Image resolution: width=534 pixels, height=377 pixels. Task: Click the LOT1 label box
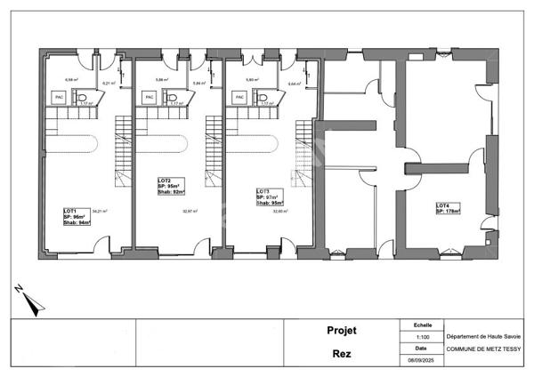point(76,216)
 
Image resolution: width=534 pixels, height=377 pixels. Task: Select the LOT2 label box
point(172,186)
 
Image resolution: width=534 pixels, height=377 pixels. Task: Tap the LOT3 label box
point(270,197)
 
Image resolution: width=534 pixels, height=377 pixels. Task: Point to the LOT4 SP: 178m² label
point(450,209)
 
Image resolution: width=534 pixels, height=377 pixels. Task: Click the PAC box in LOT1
point(60,97)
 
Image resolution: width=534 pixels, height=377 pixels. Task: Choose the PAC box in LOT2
point(150,97)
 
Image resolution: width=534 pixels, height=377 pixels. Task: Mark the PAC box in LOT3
point(240,97)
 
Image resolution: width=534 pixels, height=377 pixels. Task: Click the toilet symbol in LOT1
point(82,98)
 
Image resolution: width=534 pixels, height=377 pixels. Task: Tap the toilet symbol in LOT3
point(263,98)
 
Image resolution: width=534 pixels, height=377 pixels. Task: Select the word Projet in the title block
point(341,331)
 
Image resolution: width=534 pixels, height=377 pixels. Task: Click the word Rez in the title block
point(341,353)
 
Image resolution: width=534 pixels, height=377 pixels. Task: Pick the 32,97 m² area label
point(190,212)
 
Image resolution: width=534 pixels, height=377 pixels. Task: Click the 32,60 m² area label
point(279,212)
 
